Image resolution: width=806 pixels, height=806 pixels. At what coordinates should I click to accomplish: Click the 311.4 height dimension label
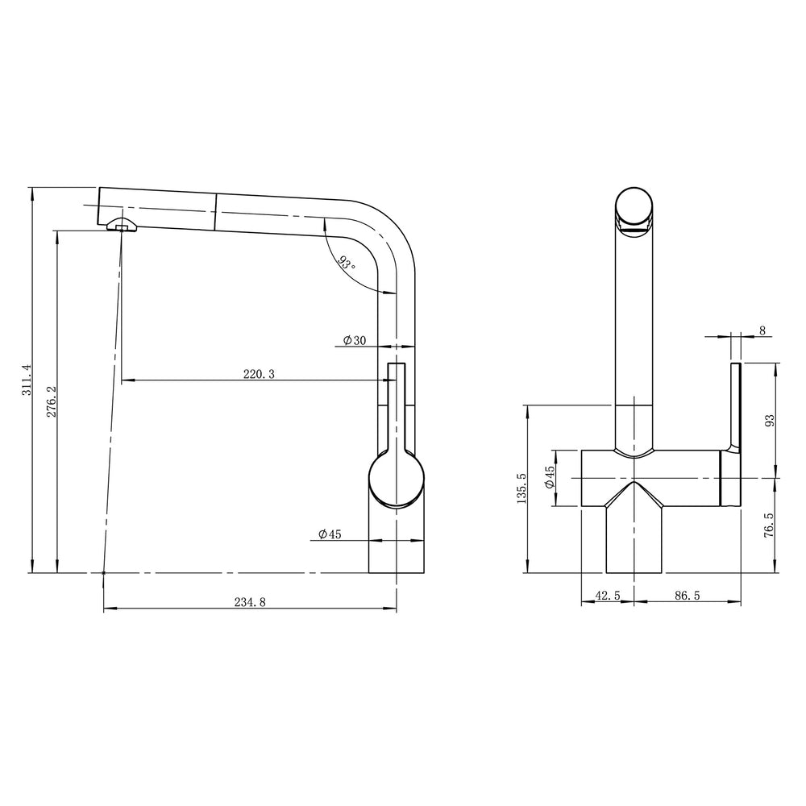tap(26, 380)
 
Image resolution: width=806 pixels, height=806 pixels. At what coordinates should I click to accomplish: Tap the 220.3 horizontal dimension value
tap(259, 373)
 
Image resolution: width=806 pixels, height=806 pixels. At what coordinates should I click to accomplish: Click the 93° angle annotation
tap(346, 264)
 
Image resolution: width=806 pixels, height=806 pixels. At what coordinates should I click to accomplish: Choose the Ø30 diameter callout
tap(354, 341)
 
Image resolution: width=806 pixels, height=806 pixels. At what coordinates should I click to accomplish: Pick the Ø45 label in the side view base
tap(330, 534)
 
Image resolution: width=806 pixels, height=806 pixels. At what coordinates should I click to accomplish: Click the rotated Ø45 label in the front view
tap(549, 477)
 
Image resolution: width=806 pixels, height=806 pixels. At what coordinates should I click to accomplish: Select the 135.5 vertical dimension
tap(521, 488)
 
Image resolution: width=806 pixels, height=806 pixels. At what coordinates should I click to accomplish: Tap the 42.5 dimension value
tap(607, 596)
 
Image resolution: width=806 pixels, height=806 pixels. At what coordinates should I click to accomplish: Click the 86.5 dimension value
tap(686, 596)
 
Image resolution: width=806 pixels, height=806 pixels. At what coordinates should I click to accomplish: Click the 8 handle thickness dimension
tap(762, 330)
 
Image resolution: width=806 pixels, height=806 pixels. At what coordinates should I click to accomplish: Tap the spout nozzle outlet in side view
tap(121, 226)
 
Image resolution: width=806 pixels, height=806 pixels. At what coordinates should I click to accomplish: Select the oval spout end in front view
tap(636, 208)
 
